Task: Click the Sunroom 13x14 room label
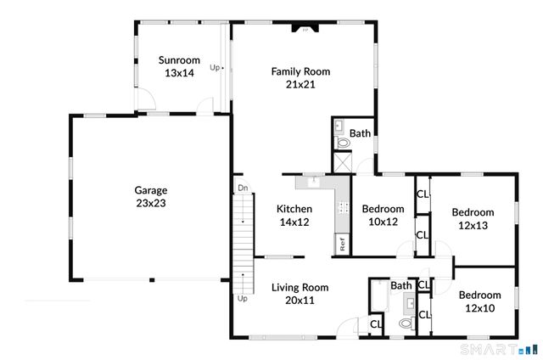point(179,67)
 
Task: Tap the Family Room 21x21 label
point(300,78)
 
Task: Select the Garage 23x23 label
point(151,197)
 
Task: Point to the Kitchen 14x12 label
point(294,216)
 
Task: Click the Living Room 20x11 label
point(299,294)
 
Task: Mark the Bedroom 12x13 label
point(473,219)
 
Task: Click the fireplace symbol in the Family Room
point(303,29)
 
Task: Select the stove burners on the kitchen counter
point(343,206)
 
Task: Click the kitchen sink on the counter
point(312,181)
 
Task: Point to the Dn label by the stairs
point(242,188)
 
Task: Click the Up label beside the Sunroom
point(216,68)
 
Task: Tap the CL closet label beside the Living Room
point(375,323)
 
